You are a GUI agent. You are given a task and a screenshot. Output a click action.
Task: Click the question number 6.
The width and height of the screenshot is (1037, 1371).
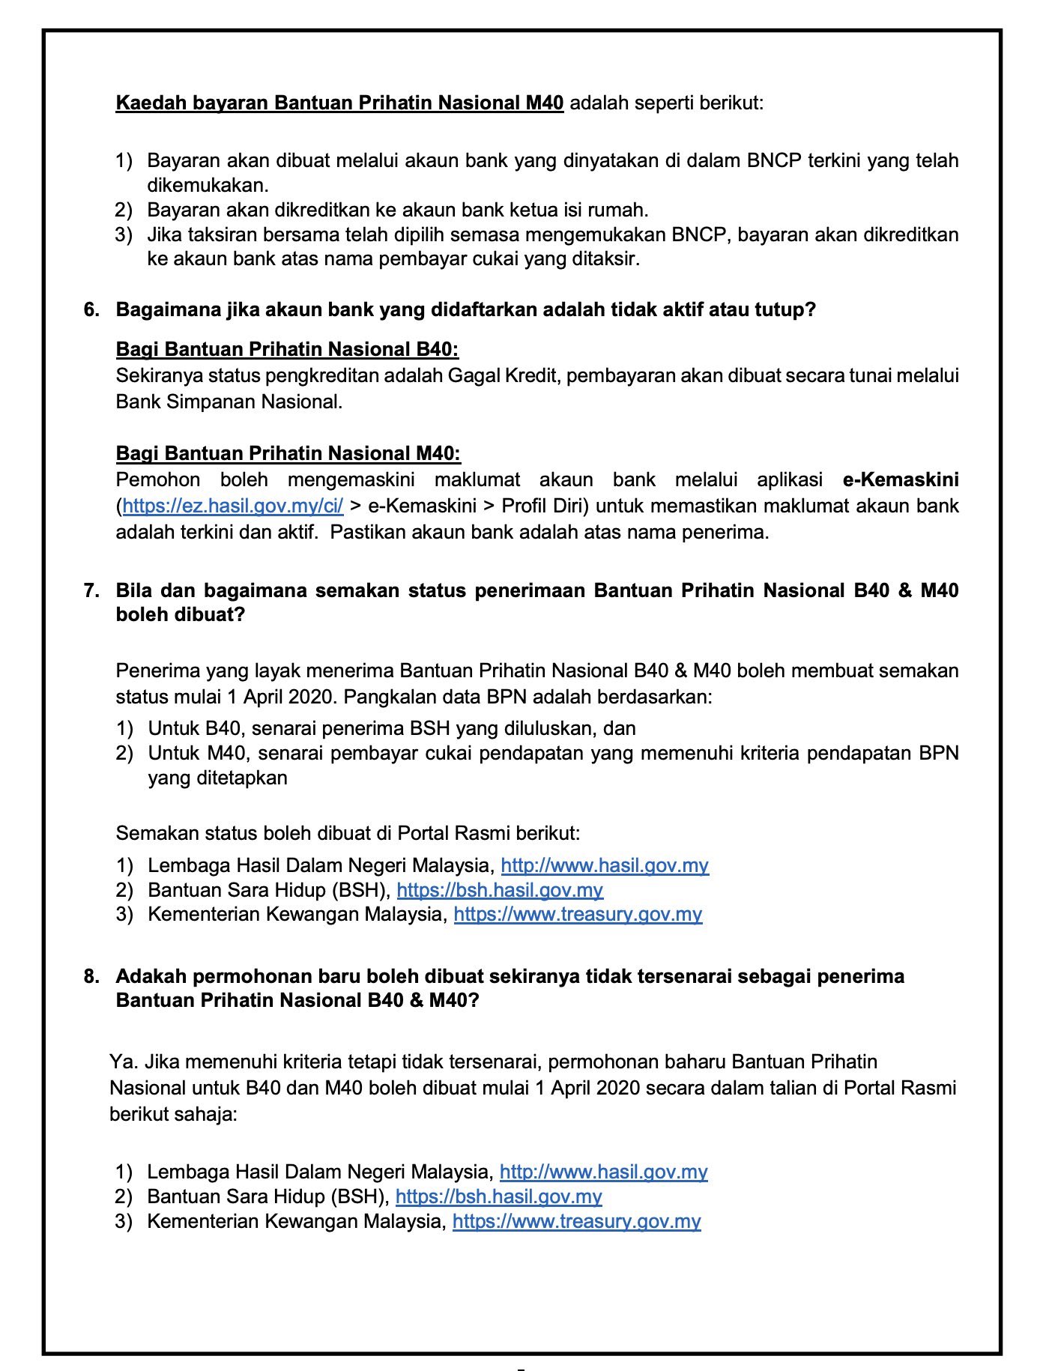click(x=91, y=310)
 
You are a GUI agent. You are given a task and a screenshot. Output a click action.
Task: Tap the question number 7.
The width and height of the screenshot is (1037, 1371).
click(x=91, y=591)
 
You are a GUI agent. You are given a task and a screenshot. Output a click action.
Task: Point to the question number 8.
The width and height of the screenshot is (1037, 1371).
click(x=91, y=976)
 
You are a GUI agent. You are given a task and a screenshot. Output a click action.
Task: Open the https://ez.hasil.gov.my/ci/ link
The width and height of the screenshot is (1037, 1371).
click(x=232, y=506)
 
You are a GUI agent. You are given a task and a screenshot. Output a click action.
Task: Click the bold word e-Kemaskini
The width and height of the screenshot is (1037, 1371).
click(x=901, y=480)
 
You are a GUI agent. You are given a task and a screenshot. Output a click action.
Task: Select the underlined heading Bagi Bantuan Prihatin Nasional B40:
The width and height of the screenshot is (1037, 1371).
click(x=287, y=350)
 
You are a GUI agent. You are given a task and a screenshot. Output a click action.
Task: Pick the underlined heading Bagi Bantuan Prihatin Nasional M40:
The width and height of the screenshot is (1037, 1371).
click(x=288, y=454)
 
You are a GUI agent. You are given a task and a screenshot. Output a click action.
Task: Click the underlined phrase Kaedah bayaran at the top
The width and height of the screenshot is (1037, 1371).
click(x=191, y=103)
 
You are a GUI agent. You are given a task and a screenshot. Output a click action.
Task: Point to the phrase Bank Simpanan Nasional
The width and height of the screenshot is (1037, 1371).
click(x=228, y=402)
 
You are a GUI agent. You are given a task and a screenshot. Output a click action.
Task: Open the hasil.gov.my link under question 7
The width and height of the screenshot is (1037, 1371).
click(x=605, y=866)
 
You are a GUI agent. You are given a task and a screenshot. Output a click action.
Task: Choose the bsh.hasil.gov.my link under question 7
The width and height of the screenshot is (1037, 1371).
click(x=500, y=891)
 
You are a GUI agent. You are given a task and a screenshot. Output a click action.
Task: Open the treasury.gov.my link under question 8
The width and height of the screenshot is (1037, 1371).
click(x=576, y=1222)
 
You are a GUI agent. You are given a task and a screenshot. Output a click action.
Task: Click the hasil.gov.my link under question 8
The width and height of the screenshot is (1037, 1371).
click(x=603, y=1172)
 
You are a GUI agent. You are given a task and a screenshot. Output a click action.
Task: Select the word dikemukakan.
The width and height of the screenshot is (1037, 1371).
click(x=207, y=186)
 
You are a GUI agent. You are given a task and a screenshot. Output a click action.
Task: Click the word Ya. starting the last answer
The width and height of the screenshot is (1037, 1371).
click(x=124, y=1062)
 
